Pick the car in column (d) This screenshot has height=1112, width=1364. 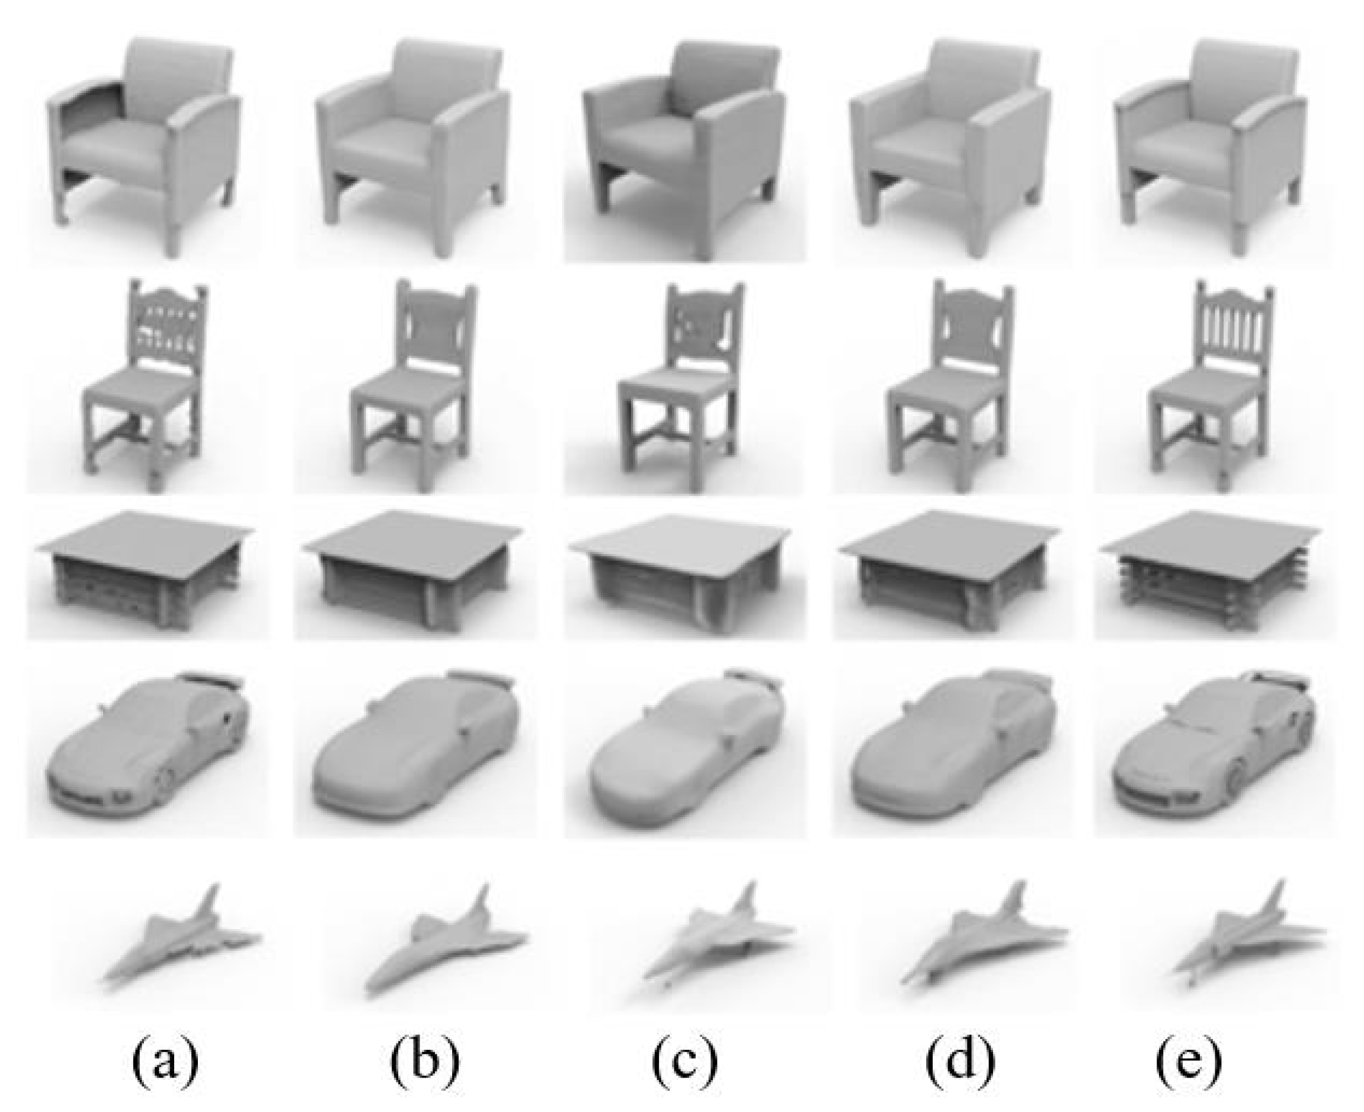coord(948,756)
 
